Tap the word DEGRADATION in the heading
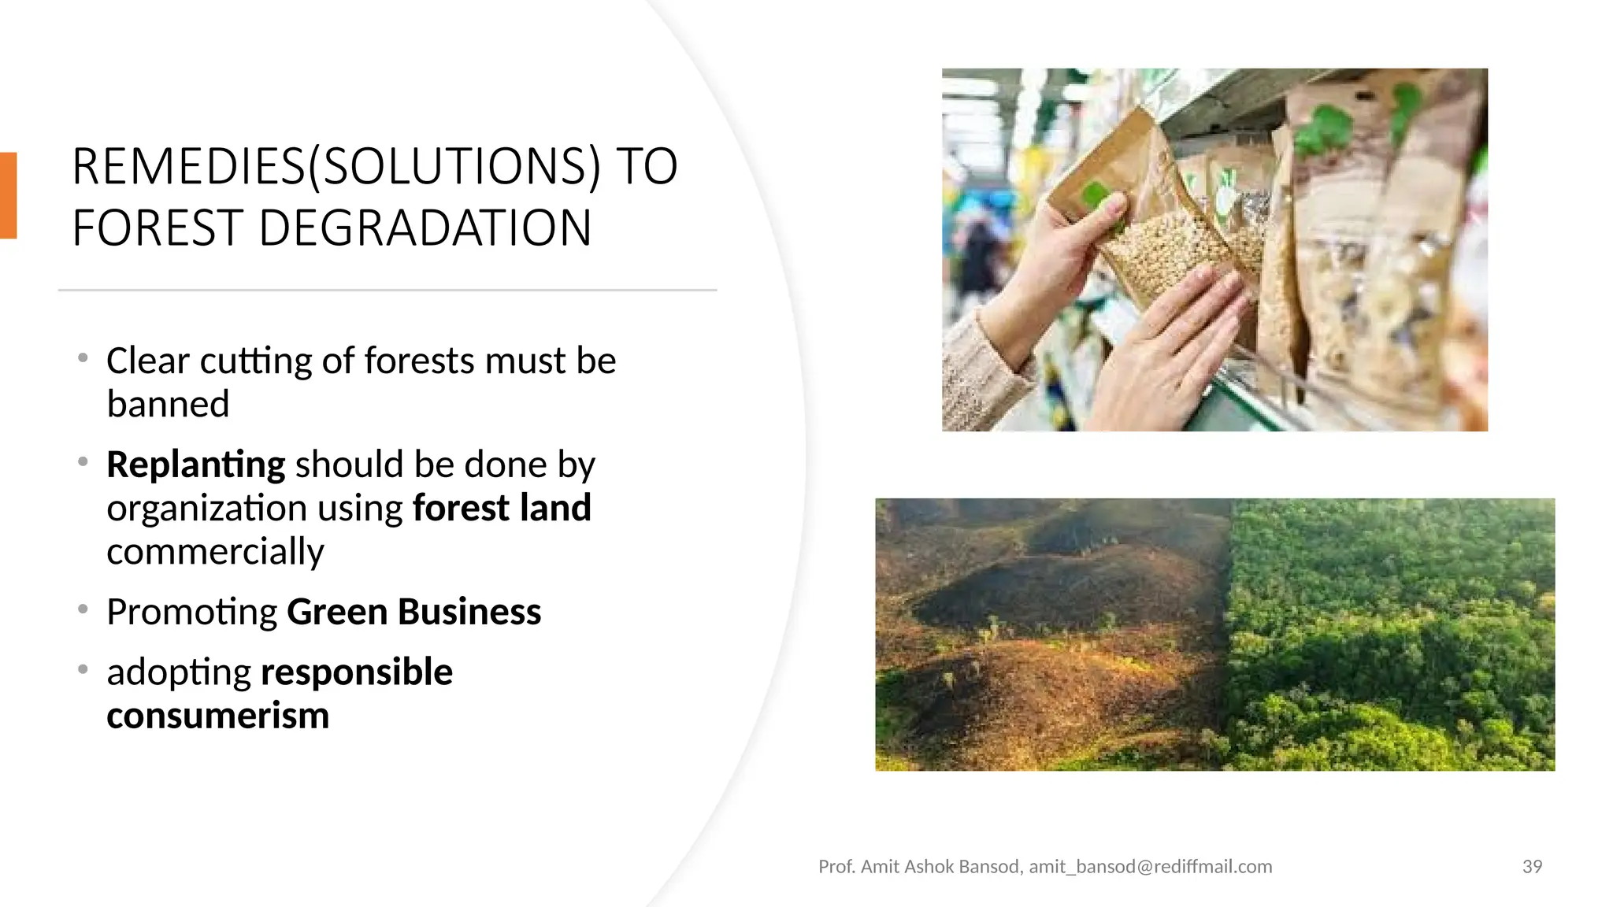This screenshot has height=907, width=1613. pos(425,228)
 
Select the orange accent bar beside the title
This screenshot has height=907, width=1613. pos(8,195)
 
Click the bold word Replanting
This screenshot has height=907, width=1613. pos(195,464)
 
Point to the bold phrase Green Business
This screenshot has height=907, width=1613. pos(413,612)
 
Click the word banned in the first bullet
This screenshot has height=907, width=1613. pos(168,404)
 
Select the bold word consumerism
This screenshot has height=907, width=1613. pos(217,716)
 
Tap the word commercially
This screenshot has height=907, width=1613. pos(215,551)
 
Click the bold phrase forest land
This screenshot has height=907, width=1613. pos(502,508)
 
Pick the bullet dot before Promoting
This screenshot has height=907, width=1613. pos(83,609)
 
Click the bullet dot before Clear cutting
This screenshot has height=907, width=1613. pos(83,358)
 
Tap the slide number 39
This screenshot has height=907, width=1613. pos(1532,867)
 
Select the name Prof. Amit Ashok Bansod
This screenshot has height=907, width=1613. pos(920,867)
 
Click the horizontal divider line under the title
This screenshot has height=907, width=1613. pos(387,291)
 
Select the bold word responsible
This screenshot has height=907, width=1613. pos(356,672)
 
